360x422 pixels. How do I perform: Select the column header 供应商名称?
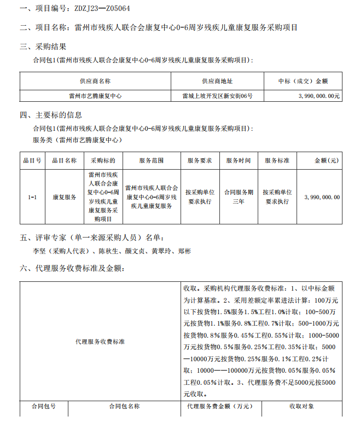(95, 81)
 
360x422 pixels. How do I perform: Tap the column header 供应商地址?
(217, 81)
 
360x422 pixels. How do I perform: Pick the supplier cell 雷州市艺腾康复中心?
(95, 96)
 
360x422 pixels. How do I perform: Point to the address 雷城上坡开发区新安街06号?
(217, 96)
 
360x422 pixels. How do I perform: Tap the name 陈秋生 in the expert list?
(108, 252)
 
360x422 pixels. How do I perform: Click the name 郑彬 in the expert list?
(185, 252)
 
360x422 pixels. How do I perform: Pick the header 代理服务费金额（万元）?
(220, 407)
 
